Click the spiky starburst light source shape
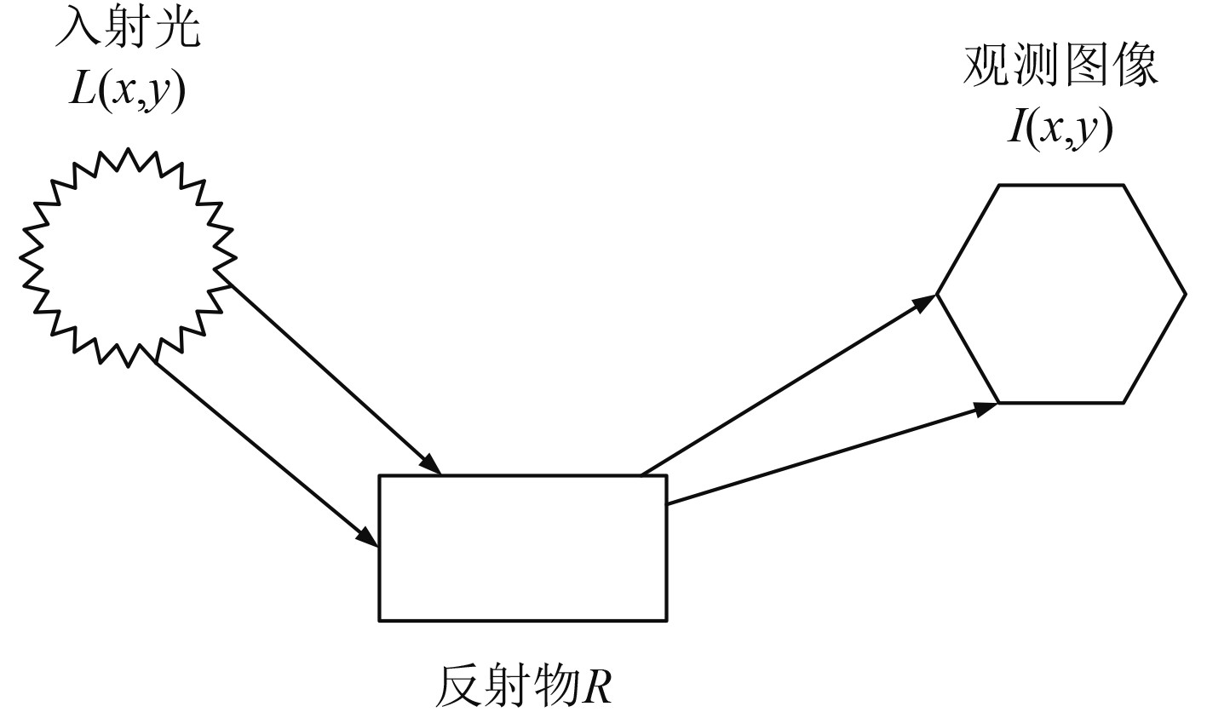128,258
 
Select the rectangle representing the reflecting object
522,548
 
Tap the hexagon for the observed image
1061,294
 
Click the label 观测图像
1060,66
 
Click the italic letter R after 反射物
596,685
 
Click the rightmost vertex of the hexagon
1185,294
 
